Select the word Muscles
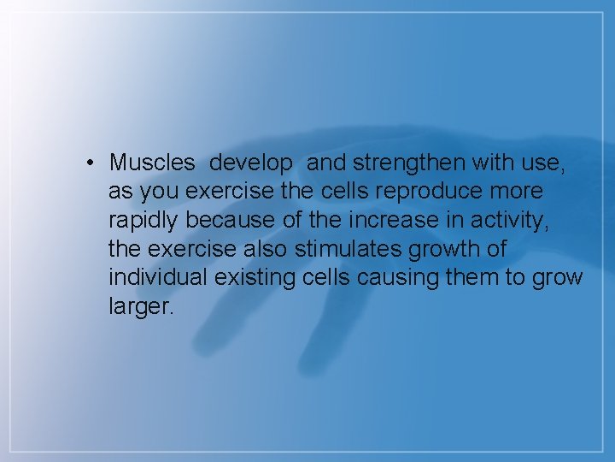(152, 162)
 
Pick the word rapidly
(144, 220)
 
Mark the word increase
(393, 219)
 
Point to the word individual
(157, 277)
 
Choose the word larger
(141, 307)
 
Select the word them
(484, 277)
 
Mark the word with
(501, 162)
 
